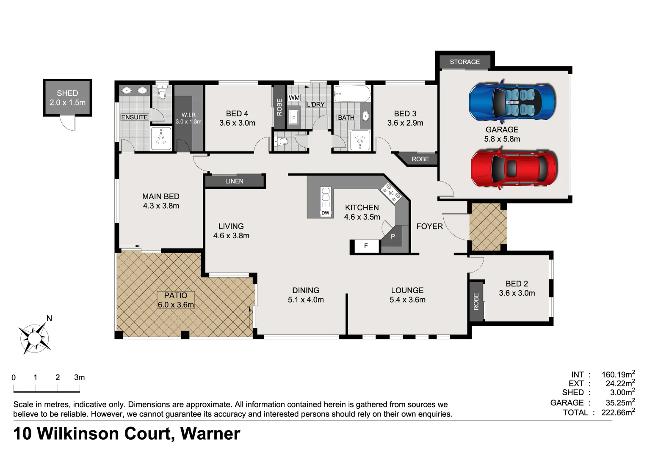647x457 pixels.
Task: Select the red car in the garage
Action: [x=514, y=168]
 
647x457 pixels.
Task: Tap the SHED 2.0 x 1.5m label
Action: [x=67, y=98]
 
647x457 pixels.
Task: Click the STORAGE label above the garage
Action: [x=465, y=62]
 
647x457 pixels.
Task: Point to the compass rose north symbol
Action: [x=34, y=337]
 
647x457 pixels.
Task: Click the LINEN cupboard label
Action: [x=234, y=181]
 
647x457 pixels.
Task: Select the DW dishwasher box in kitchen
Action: [x=325, y=213]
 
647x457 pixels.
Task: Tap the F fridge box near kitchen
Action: [x=366, y=246]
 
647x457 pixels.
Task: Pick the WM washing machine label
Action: [x=294, y=98]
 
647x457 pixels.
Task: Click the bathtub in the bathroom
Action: [x=352, y=93]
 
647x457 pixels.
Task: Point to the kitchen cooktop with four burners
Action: [x=391, y=193]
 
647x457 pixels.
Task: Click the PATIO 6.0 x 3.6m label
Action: [x=176, y=300]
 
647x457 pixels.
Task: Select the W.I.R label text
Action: [x=188, y=115]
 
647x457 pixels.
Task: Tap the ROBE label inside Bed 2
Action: [x=476, y=302]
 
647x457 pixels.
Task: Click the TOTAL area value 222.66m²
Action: [x=618, y=413]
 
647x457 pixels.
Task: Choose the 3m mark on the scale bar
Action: [x=79, y=377]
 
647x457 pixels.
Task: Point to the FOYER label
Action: [x=429, y=226]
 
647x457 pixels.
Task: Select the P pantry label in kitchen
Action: [x=393, y=237]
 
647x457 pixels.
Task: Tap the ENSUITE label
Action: [x=134, y=117]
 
